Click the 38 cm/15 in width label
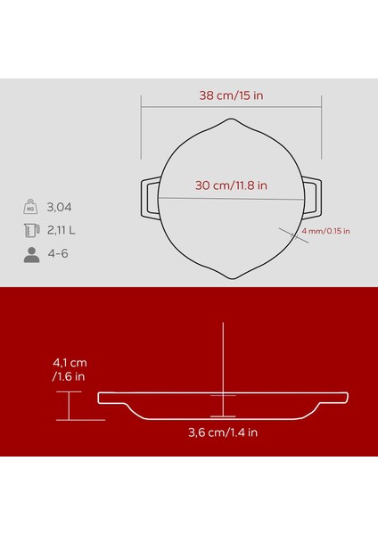coord(230,94)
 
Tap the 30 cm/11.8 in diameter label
coord(230,186)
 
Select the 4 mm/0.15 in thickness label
coord(326,231)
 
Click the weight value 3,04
coord(62,208)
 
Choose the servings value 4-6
coord(59,254)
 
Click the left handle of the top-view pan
coord(148,198)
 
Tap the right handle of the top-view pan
coord(312,198)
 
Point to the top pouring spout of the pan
coord(230,120)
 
